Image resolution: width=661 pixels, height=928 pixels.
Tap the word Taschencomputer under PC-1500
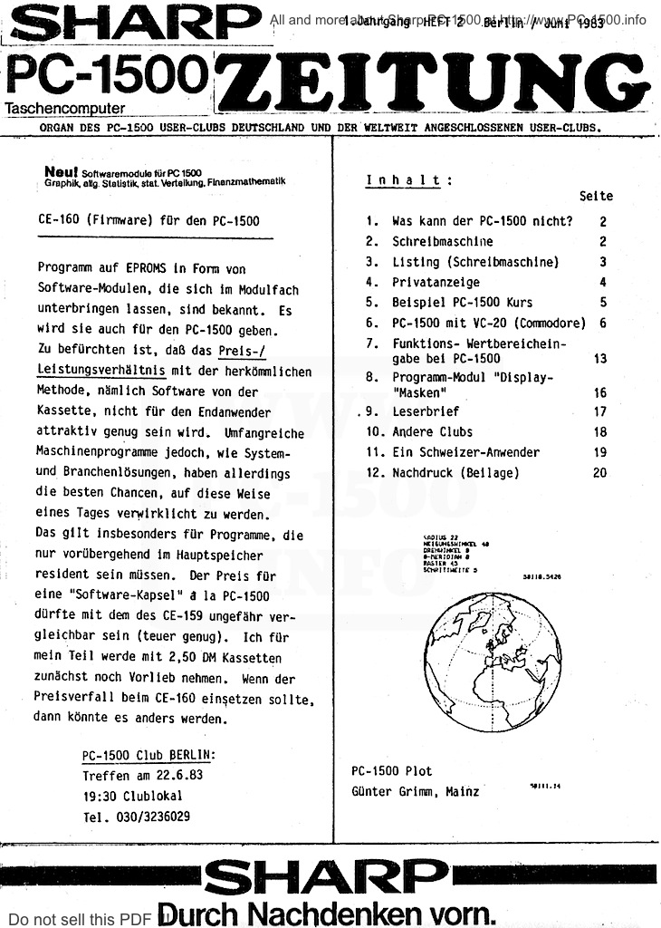[65, 108]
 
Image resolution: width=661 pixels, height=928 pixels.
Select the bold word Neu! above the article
[62, 170]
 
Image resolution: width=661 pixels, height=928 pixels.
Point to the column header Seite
[596, 196]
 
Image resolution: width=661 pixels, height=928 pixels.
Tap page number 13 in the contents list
[600, 359]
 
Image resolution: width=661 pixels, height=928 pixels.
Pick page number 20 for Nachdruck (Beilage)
[600, 473]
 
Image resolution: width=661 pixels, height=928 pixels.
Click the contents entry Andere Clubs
[432, 432]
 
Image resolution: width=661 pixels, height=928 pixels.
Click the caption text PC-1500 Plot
[392, 771]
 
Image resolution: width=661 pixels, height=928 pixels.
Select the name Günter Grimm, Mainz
[416, 791]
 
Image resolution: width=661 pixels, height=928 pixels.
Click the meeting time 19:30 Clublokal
[132, 796]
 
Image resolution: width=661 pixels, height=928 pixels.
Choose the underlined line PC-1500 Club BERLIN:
[148, 756]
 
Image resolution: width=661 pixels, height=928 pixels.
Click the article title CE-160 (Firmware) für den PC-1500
[149, 220]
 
